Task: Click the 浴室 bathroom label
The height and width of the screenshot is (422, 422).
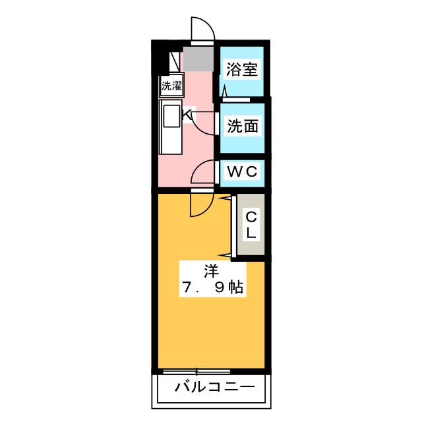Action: [x=242, y=69]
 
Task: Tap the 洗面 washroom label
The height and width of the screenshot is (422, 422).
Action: [x=242, y=125]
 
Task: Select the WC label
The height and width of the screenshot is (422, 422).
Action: [x=241, y=171]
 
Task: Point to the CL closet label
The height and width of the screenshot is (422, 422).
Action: [x=251, y=225]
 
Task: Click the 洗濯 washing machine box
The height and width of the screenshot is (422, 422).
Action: [x=171, y=85]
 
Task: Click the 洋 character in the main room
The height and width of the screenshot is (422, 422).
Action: [x=210, y=270]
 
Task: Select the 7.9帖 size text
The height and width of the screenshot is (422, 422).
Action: [x=210, y=287]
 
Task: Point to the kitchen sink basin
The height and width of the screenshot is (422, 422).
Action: [x=172, y=117]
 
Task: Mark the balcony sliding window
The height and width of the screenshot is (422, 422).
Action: [x=191, y=372]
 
